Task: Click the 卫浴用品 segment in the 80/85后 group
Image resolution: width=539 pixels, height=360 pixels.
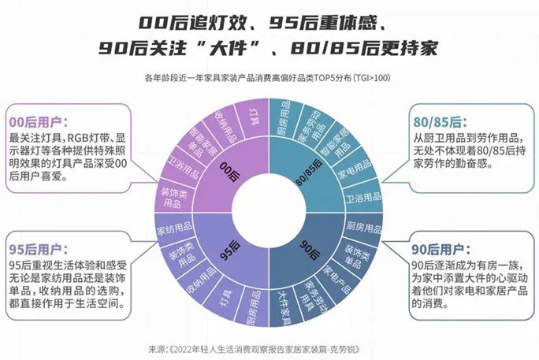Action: [363, 197]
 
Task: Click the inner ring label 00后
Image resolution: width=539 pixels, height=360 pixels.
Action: [229, 172]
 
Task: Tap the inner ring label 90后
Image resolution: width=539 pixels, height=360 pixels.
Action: [310, 250]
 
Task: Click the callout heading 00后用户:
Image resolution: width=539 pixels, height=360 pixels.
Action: [38, 122]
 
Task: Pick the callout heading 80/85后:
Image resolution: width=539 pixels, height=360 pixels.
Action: [440, 122]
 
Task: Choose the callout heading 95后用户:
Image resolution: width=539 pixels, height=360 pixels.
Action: [38, 249]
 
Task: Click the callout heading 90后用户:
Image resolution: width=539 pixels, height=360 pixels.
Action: [441, 250]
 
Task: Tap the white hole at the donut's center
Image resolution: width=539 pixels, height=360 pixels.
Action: [269, 213]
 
